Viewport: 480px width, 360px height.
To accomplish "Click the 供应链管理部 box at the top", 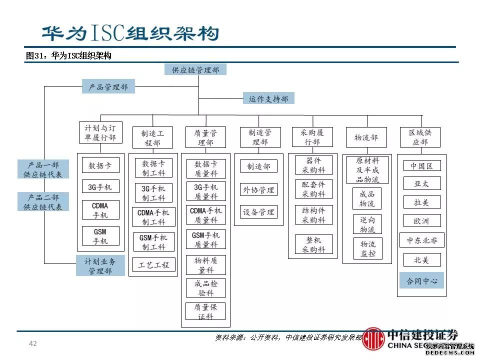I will point(195,69).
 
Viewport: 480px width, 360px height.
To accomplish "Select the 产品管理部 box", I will point(108,87).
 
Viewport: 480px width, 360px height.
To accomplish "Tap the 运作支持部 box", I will point(268,98).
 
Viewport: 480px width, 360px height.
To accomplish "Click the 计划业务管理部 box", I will point(100,266).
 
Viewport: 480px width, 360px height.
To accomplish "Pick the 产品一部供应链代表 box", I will point(43,169).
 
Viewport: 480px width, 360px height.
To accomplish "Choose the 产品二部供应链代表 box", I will point(43,201).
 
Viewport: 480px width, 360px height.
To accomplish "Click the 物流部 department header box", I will point(366,137).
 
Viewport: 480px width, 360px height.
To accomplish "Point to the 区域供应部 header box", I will point(420,137).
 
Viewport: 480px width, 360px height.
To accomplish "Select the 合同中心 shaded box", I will point(421,280).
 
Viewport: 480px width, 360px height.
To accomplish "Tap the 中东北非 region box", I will point(421,240).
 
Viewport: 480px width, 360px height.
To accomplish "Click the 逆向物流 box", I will point(367,224).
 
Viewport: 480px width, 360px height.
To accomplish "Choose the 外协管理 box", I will point(258,189).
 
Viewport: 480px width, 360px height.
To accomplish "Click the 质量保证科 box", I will point(205,311).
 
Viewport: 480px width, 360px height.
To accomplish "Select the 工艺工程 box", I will point(154,264).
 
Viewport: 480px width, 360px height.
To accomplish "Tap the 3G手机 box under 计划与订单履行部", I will point(100,187).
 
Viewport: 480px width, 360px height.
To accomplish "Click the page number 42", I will point(33,343).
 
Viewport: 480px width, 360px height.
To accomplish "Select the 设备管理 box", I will point(258,212).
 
